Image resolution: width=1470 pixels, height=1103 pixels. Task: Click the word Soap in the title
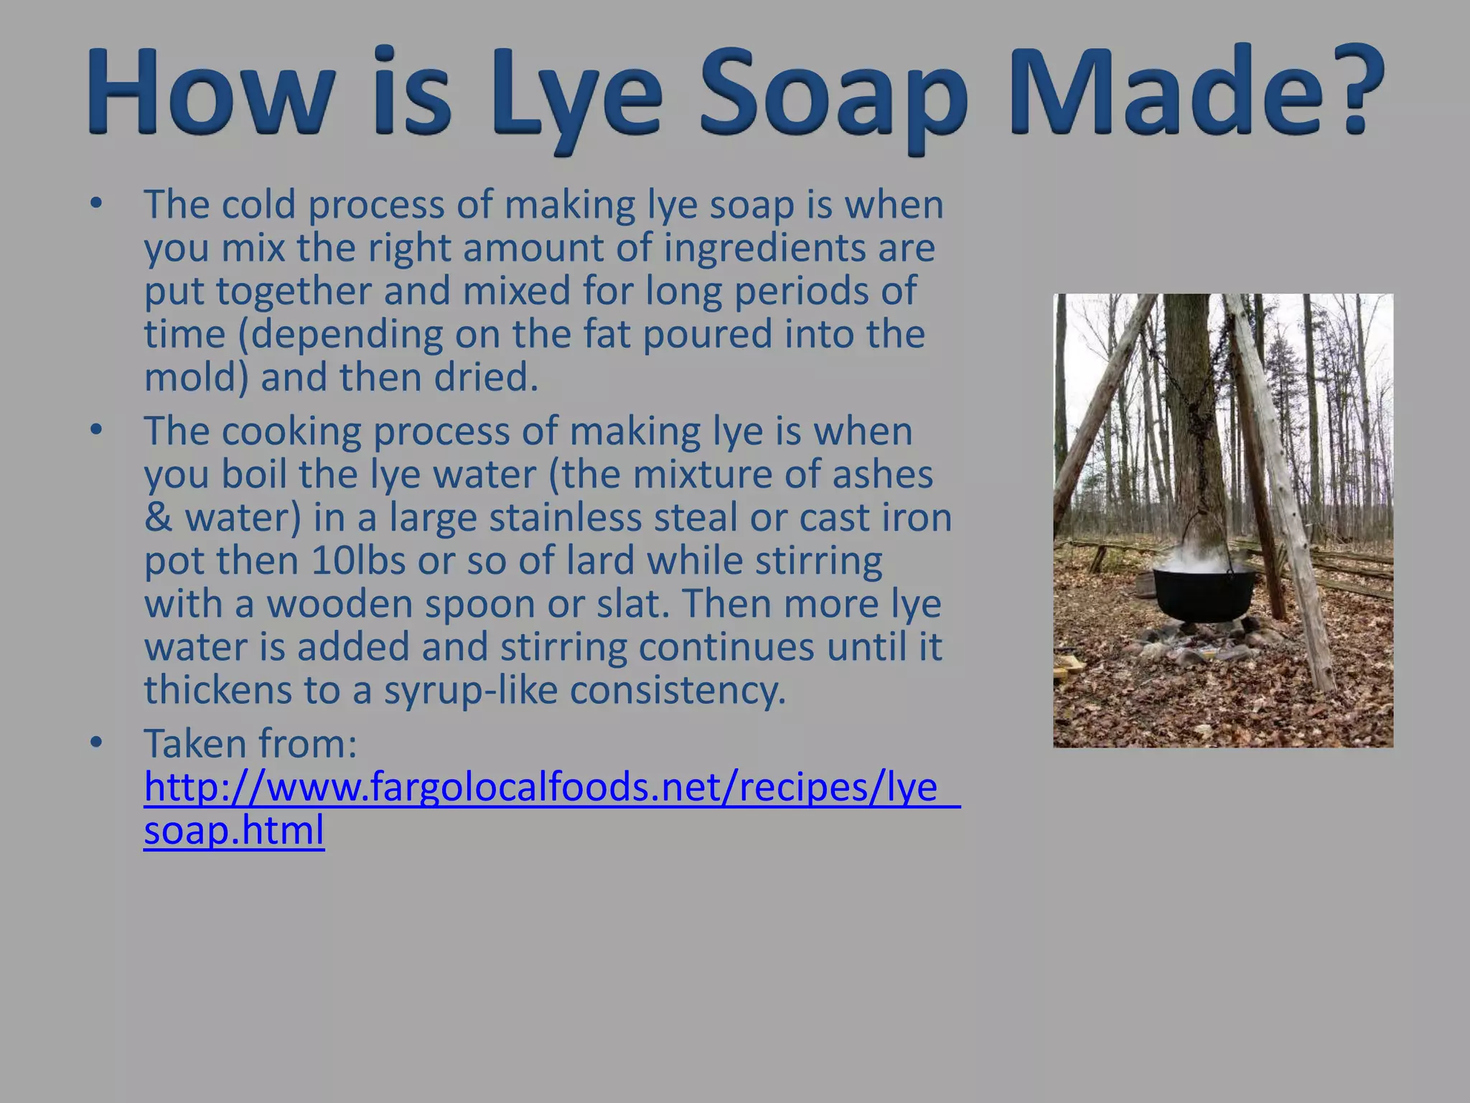[x=833, y=92]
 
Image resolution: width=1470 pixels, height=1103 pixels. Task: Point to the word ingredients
[x=764, y=248]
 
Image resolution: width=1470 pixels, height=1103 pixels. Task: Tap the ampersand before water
[x=158, y=518]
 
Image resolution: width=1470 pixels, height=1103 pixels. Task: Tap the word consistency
[x=678, y=690]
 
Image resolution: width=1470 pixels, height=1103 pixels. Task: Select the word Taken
[x=195, y=743]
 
